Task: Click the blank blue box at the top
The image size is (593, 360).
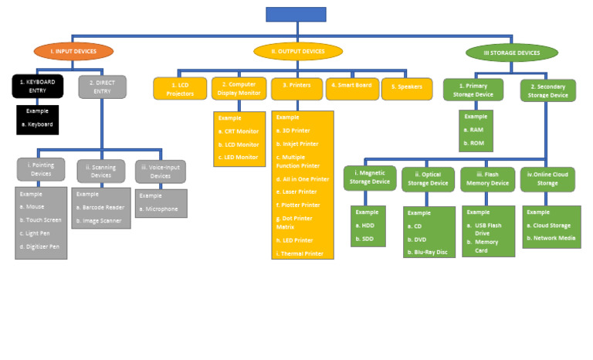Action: [296, 14]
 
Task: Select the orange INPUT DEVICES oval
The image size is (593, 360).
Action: [73, 52]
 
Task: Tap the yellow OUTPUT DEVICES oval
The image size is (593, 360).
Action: [297, 52]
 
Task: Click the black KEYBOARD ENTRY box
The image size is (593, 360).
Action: [37, 86]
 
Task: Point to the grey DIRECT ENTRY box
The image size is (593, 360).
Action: [102, 86]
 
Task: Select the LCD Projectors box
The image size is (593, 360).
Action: [181, 89]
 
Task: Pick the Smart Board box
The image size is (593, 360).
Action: [351, 87]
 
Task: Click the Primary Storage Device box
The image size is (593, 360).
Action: [474, 90]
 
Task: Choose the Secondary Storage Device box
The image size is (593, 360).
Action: [547, 90]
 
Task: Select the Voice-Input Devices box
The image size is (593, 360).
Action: [160, 171]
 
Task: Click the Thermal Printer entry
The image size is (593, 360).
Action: [302, 253]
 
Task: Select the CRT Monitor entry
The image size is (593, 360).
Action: [241, 131]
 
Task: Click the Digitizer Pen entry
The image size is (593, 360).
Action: [42, 246]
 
